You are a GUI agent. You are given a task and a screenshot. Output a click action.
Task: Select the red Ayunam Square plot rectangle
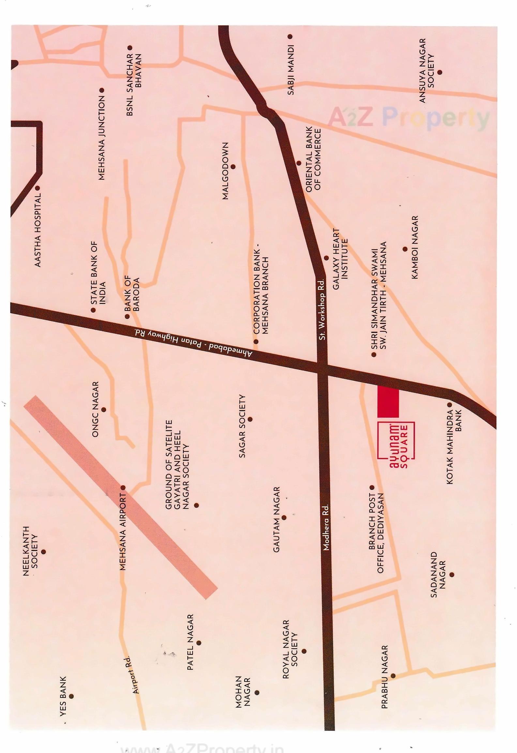coord(388,401)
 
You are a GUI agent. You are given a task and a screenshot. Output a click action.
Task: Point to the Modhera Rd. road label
coord(326,528)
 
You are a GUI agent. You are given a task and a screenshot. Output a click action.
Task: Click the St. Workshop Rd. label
coord(322,309)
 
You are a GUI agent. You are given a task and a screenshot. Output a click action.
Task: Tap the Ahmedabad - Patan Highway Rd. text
coord(193,343)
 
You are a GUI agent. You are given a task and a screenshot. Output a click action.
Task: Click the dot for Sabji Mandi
coord(290,37)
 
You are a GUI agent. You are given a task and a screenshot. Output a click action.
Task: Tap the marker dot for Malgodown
coord(233,167)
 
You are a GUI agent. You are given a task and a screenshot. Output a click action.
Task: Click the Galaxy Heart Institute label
coord(340,259)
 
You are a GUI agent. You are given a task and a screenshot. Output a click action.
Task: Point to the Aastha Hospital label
coord(38,230)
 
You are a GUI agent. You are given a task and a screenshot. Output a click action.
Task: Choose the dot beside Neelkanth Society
coord(43,552)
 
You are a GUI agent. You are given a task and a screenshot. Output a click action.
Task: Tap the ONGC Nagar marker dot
coord(104,410)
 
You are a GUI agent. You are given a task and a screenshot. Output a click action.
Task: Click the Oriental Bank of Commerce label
coord(313,159)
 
